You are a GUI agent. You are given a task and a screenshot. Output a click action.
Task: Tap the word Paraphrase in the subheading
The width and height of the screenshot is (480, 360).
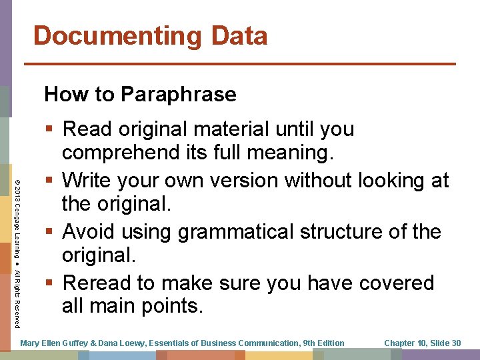(x=178, y=95)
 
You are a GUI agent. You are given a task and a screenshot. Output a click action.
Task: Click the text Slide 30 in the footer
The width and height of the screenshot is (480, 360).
(x=445, y=343)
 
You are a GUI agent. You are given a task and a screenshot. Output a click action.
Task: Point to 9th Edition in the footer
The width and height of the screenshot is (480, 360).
(x=323, y=343)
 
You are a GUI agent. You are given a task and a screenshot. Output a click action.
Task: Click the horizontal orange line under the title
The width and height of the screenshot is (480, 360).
(x=240, y=64)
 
